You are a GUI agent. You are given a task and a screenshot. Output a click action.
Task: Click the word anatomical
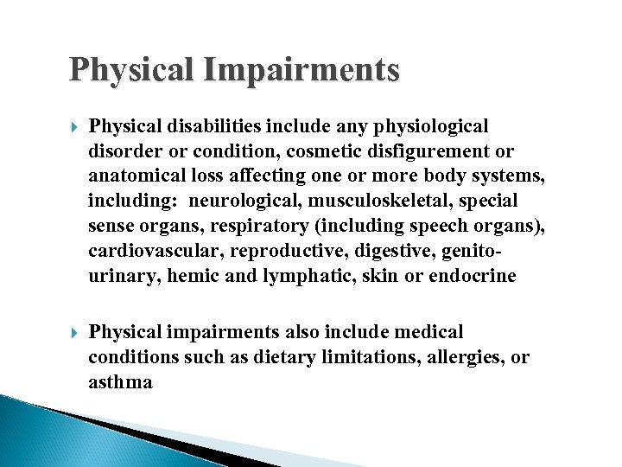tap(136, 176)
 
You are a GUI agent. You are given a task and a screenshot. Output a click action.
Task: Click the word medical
tap(428, 332)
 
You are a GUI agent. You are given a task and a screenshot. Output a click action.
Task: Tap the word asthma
tap(120, 382)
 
